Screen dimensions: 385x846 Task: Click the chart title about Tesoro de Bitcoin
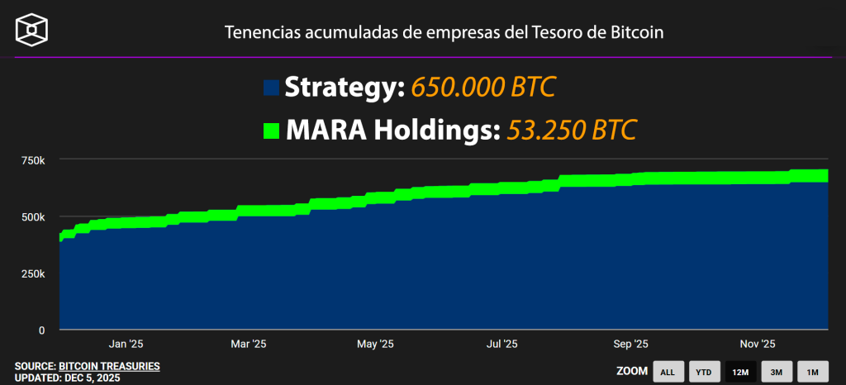tap(444, 32)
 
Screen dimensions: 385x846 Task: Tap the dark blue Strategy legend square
tap(272, 88)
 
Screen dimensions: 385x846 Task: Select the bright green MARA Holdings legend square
tap(272, 131)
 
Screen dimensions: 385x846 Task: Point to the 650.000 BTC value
tap(483, 87)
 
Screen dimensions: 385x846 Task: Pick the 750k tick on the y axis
tap(31, 159)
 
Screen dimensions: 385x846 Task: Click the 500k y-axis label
tap(31, 216)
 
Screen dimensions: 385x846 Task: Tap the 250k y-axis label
tap(31, 273)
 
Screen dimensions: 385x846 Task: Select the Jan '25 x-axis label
tap(126, 344)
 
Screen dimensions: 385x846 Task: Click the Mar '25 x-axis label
tap(249, 344)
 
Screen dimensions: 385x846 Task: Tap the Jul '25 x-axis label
tap(501, 344)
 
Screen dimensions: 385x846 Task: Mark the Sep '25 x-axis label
tap(631, 344)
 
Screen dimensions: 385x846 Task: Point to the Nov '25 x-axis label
tap(758, 344)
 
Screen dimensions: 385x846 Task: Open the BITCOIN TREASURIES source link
tap(109, 366)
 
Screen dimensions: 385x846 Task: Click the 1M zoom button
tap(812, 372)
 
